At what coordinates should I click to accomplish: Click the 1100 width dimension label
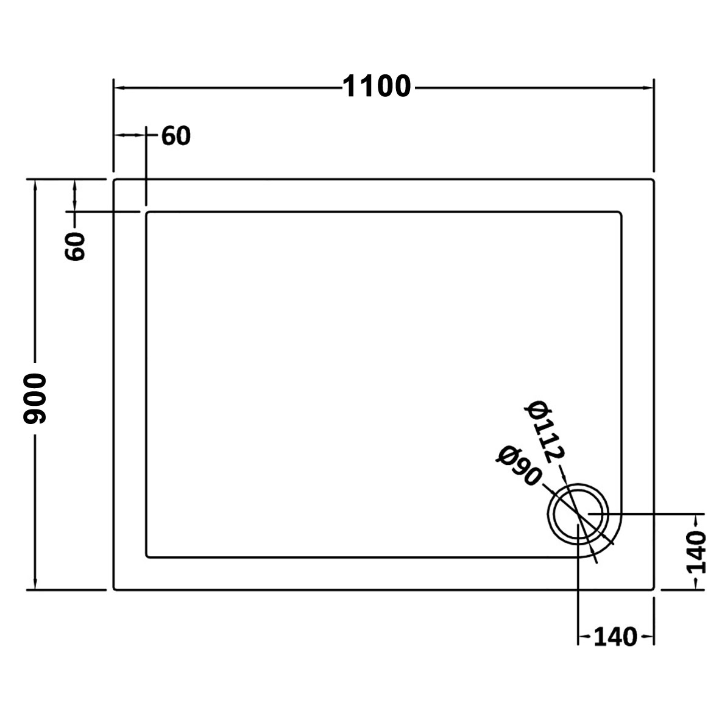pyautogui.click(x=377, y=86)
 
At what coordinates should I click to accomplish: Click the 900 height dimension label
pyautogui.click(x=35, y=398)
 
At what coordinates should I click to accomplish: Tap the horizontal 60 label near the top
pyautogui.click(x=176, y=136)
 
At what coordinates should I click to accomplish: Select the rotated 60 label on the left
pyautogui.click(x=75, y=246)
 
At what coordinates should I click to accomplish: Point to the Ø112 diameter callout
pyautogui.click(x=545, y=431)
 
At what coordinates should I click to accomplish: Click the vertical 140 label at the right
pyautogui.click(x=696, y=553)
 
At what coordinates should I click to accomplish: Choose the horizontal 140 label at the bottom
pyautogui.click(x=615, y=637)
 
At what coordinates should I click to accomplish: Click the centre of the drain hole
pyautogui.click(x=578, y=514)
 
